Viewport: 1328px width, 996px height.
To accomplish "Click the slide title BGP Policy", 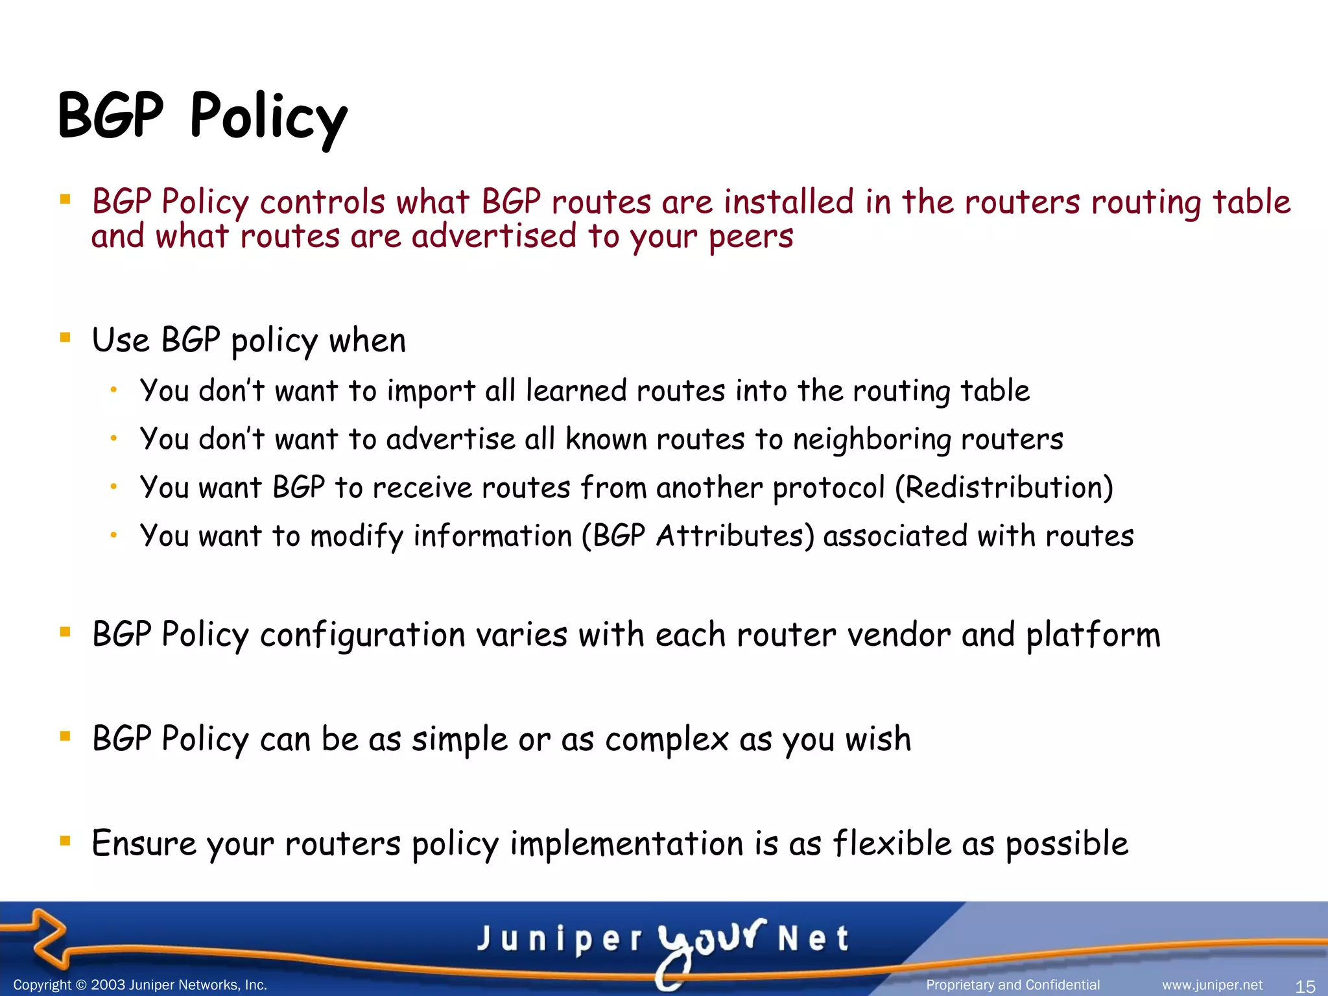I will point(202,117).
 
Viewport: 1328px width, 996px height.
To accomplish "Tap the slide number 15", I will point(1305,986).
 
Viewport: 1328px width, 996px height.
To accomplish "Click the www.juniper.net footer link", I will point(1212,985).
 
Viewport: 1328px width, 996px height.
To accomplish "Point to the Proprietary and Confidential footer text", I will point(1013,985).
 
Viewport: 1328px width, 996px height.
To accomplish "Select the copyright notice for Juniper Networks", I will point(140,985).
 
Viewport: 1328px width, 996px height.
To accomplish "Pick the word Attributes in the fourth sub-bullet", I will point(735,536).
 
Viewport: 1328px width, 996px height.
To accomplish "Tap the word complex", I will point(667,740).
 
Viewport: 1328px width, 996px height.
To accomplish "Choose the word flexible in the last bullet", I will point(892,844).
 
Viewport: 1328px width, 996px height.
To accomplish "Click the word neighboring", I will point(871,440).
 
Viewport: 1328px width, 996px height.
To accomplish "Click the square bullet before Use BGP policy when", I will point(65,337).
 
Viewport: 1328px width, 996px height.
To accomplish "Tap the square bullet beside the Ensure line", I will point(65,841).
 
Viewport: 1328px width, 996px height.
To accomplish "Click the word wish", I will point(878,739).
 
